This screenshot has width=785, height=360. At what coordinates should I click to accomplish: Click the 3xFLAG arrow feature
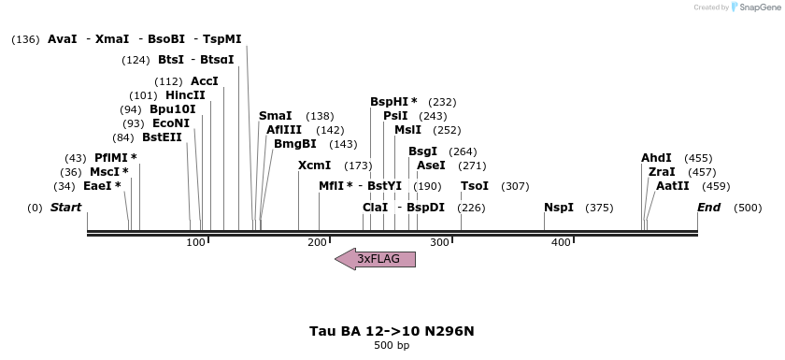[376, 259]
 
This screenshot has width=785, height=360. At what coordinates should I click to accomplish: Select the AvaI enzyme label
[63, 39]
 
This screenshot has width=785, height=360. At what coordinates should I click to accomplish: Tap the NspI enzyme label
[559, 208]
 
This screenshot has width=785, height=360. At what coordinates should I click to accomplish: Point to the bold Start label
[65, 208]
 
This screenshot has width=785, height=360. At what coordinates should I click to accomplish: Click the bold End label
[708, 208]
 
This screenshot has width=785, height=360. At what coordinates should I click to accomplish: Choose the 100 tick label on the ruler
[195, 243]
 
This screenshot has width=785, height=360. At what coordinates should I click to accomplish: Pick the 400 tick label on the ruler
[561, 243]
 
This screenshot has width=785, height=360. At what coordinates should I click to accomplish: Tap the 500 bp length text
[392, 346]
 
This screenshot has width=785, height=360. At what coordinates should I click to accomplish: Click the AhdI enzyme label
[656, 158]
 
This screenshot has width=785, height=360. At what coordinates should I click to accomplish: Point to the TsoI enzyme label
[475, 186]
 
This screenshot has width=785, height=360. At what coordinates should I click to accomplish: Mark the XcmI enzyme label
[314, 166]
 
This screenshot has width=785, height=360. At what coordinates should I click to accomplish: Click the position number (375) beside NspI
[599, 208]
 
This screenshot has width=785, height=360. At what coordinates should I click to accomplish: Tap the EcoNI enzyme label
[170, 123]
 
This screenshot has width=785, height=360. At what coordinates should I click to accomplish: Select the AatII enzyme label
[672, 186]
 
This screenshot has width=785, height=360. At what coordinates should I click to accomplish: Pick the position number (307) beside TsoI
[515, 186]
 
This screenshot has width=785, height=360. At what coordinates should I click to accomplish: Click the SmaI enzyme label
[276, 116]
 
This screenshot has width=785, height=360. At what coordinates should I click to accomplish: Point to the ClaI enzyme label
[375, 208]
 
